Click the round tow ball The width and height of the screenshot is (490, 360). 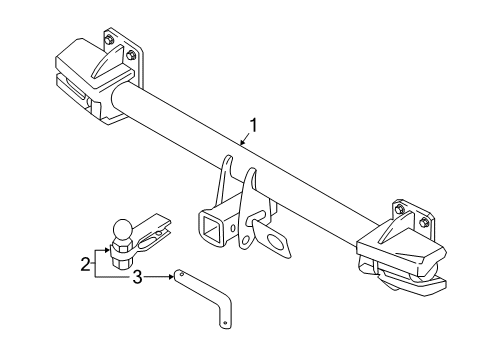tap(123, 228)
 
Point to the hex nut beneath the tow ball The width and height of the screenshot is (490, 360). tap(123, 251)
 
